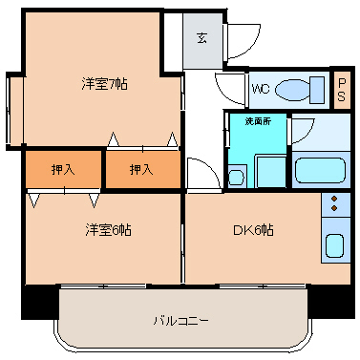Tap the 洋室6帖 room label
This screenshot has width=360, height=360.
coord(107,230)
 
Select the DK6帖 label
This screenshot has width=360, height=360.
coord(253,230)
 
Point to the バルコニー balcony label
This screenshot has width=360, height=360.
coord(181,319)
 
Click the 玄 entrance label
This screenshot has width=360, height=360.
coord(202,39)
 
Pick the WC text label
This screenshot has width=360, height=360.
coord(261,90)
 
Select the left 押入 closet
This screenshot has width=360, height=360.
coord(63,169)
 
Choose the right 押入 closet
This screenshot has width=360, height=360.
coord(141,169)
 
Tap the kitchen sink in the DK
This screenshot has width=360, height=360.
coord(335,244)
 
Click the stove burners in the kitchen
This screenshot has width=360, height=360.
coord(335,203)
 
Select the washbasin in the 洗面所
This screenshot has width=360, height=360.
coord(238,174)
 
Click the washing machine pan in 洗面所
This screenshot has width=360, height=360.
coord(272,171)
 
